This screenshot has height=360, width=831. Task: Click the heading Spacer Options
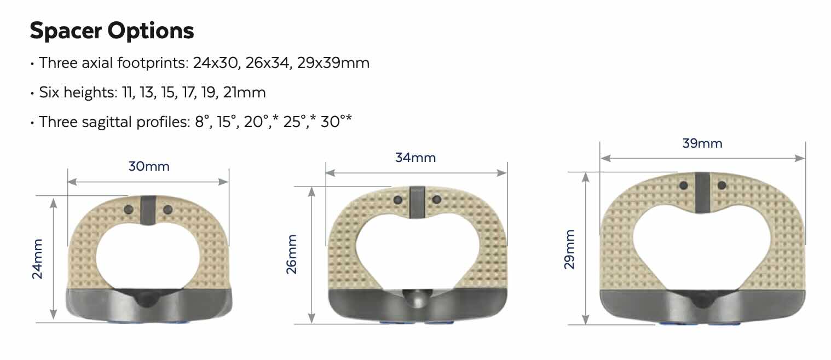tap(112, 31)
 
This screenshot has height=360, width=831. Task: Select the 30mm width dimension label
tap(149, 166)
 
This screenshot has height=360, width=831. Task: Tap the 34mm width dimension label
tap(415, 158)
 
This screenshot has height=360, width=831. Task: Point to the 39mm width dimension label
tap(702, 143)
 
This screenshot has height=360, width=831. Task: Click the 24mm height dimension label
tap(37, 259)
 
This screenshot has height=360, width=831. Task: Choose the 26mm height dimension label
tap(292, 254)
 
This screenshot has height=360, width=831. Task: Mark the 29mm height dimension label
tap(569, 249)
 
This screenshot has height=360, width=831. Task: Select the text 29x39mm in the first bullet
tap(333, 63)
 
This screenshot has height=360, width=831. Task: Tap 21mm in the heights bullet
tap(245, 92)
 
